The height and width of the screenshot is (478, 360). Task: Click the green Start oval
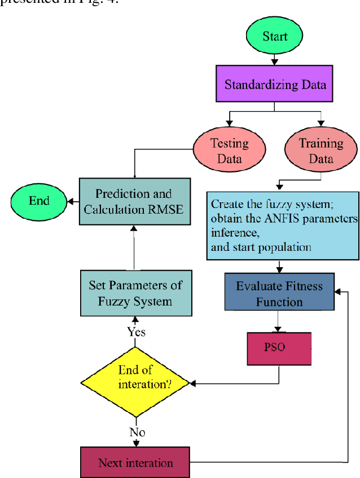(x=275, y=37)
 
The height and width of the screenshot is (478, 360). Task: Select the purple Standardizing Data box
(x=275, y=85)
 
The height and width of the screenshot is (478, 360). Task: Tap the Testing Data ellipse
(x=229, y=151)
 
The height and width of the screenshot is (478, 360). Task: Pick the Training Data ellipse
(x=321, y=151)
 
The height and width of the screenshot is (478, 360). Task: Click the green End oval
(x=39, y=200)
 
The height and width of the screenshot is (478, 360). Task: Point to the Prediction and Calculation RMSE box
(x=133, y=201)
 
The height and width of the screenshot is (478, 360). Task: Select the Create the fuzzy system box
(x=282, y=225)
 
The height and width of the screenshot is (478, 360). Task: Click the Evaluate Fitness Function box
(x=279, y=293)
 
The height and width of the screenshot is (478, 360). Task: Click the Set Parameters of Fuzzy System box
(x=135, y=293)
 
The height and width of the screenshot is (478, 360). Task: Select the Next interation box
(x=135, y=463)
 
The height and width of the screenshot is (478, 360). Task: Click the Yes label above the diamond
(x=136, y=331)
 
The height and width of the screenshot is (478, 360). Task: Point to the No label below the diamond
(x=137, y=432)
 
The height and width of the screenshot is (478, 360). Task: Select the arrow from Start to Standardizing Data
(x=275, y=58)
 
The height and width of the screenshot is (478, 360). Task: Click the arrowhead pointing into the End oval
(x=70, y=200)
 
